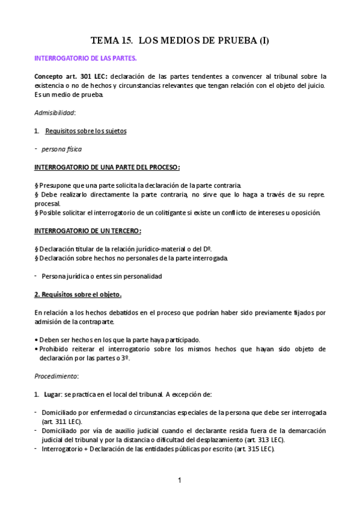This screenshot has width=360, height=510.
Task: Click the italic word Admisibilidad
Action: pos(55,112)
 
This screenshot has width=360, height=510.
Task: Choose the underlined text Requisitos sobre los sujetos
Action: pos(86,131)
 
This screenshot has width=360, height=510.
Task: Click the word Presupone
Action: pos(56,185)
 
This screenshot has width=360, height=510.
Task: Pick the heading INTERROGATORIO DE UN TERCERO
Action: pos(88,230)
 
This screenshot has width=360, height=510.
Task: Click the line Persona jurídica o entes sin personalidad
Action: pos(102,276)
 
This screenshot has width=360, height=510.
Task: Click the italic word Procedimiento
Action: pos(56,376)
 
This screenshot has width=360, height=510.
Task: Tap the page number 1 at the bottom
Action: pos(179,480)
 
